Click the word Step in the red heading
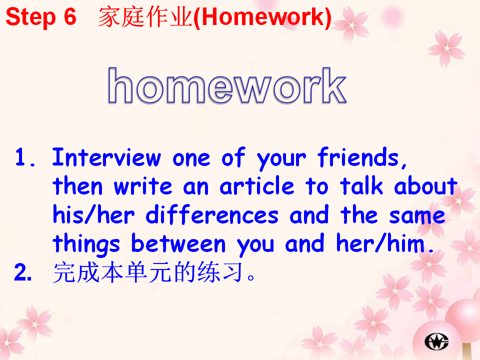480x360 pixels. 30,17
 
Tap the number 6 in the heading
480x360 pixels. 70,16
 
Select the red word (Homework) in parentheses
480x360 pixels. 262,17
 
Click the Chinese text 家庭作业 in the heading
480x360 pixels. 145,17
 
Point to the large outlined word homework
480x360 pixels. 227,85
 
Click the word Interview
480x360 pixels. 106,157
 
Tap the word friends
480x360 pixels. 362,157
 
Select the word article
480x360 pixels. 257,186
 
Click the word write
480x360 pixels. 143,186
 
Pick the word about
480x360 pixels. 425,185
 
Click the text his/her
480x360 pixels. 93,214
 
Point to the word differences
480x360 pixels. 212,214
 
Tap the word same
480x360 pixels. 417,215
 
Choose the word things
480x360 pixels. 86,244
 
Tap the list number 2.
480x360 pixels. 22,272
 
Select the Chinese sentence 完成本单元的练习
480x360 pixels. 153,272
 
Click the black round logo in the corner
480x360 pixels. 436,341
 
